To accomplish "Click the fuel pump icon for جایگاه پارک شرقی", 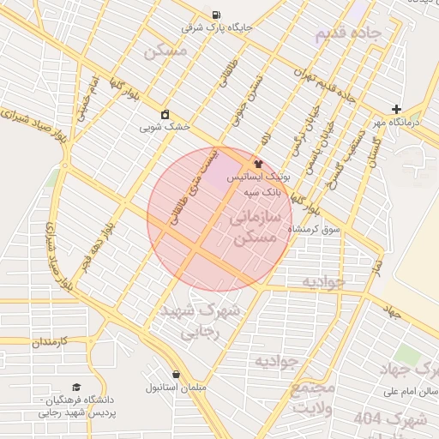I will (213, 15).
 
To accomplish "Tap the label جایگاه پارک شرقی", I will (218, 27).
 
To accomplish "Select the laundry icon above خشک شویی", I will (165, 114).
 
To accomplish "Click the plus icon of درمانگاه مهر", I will (395, 109).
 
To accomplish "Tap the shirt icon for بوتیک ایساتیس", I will (257, 163).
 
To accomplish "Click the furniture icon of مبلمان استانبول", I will (177, 375).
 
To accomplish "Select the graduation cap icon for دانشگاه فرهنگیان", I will (76, 388).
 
